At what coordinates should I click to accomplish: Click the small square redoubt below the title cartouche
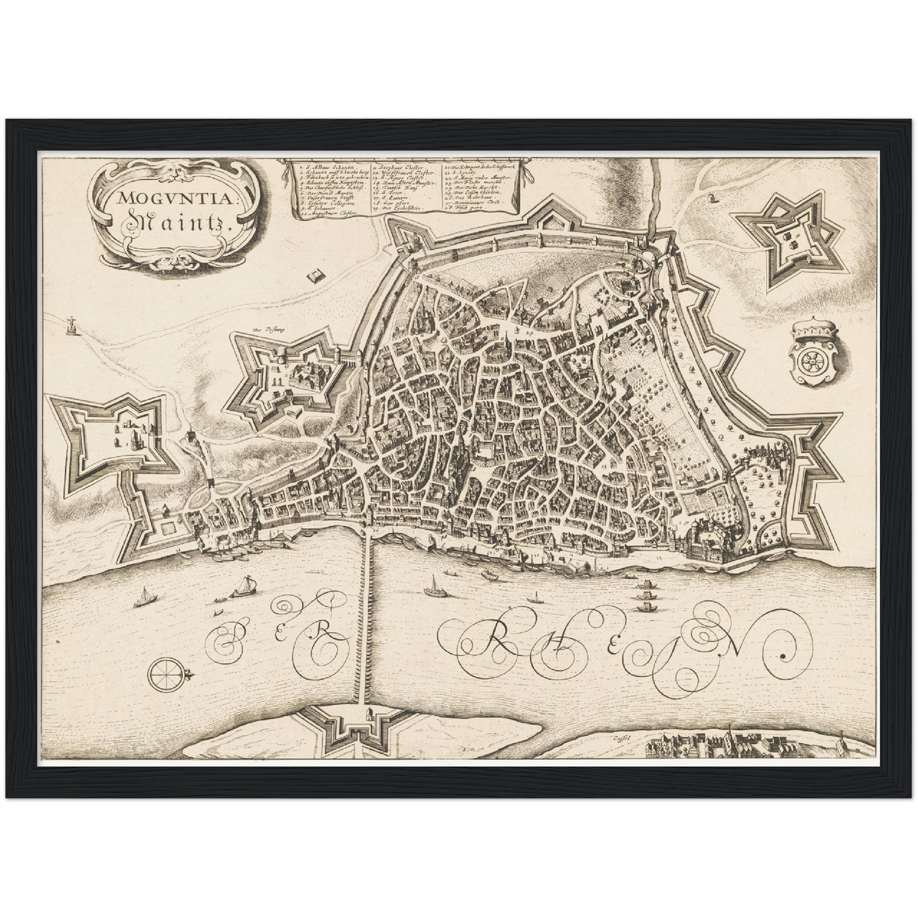pyautogui.click(x=314, y=276)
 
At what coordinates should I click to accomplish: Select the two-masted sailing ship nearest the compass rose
pyautogui.click(x=145, y=597)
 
